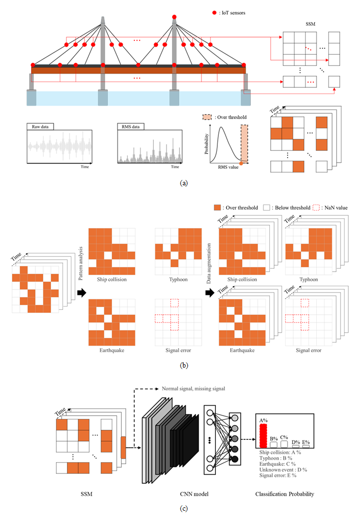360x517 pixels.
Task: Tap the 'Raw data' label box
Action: click(41, 127)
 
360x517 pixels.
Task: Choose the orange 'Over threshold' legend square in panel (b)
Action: click(217, 208)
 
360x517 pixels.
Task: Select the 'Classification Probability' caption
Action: click(285, 494)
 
